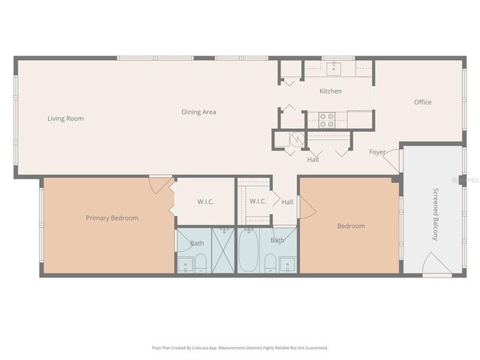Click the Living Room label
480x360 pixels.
[65, 118]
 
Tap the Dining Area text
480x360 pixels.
[199, 112]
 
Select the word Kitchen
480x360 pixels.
[331, 91]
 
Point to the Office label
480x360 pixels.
[423, 103]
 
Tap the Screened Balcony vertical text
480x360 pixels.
[434, 214]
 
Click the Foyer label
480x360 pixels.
[377, 152]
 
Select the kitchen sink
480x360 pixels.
[334, 69]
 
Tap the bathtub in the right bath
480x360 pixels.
[249, 251]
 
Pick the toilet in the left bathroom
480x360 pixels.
[200, 262]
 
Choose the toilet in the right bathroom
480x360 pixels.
[269, 262]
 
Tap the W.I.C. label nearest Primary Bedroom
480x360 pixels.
[206, 201]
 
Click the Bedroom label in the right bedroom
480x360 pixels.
[351, 226]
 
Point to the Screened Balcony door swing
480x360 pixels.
[436, 264]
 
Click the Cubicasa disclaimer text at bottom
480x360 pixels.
[240, 348]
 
